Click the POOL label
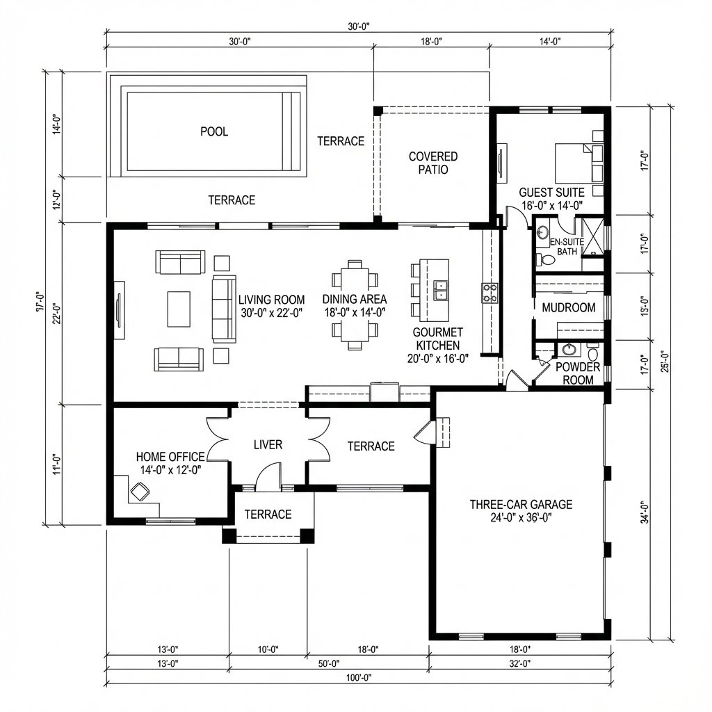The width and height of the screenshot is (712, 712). [x=214, y=131]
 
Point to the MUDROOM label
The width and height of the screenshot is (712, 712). [x=569, y=307]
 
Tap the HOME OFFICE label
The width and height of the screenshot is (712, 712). [x=170, y=463]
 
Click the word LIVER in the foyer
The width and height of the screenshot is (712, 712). [x=268, y=444]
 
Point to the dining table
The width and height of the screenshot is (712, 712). [x=355, y=305]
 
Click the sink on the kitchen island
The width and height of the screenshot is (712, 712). [x=441, y=289]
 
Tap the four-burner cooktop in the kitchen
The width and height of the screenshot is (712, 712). [x=489, y=293]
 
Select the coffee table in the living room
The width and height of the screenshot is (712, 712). [x=179, y=309]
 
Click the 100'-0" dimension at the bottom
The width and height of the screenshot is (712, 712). [x=358, y=677]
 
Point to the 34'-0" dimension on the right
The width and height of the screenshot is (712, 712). [x=645, y=514]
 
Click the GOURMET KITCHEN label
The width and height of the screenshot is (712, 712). [x=438, y=346]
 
